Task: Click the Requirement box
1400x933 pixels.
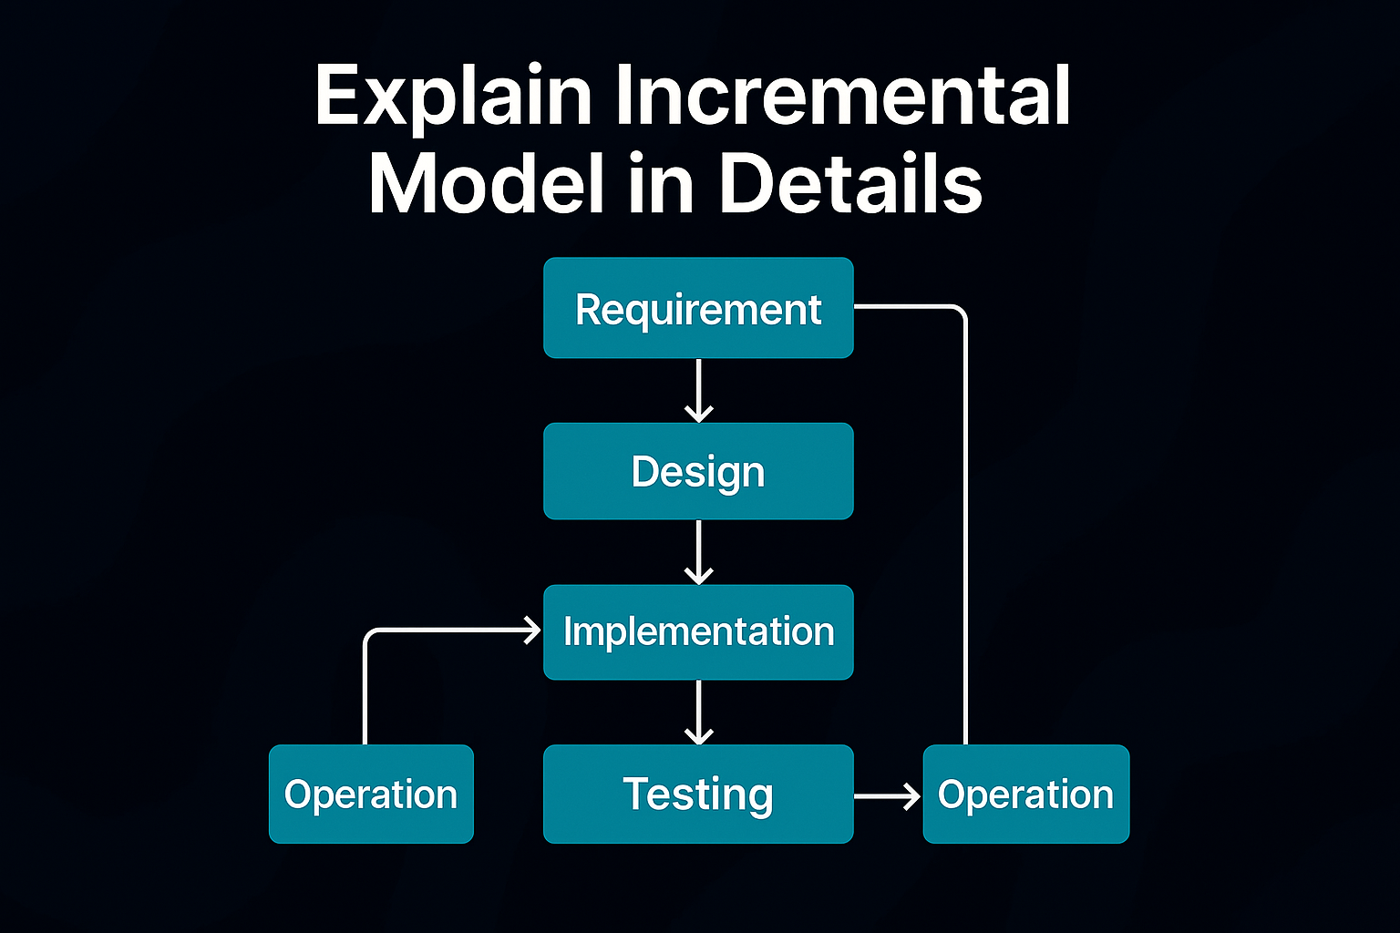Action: (x=698, y=307)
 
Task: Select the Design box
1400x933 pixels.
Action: (x=698, y=471)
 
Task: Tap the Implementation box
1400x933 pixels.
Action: (x=698, y=631)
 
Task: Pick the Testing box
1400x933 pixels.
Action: (x=698, y=794)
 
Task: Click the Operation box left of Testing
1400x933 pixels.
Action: (x=371, y=794)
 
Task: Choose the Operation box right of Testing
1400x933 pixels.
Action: (x=1026, y=794)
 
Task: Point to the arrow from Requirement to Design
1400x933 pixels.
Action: (x=698, y=391)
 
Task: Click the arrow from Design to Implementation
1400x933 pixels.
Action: (x=698, y=552)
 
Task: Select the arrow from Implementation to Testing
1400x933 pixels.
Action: (x=698, y=713)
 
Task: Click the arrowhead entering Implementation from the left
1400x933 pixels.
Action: (x=532, y=631)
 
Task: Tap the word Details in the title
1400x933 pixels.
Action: (x=850, y=183)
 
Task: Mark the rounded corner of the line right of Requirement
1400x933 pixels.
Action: (x=960, y=312)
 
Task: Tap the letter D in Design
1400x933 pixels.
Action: (x=644, y=471)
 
